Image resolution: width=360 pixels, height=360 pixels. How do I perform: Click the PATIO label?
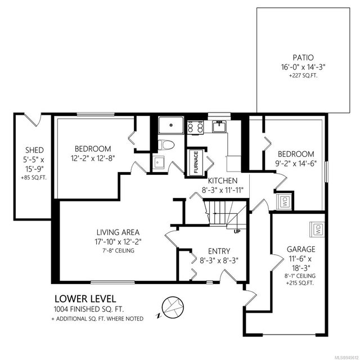[303, 57]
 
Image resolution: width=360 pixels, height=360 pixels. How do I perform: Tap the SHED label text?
[34, 150]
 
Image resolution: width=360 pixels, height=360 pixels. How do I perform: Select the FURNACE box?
[196, 162]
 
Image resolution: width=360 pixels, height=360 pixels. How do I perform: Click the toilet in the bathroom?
[166, 145]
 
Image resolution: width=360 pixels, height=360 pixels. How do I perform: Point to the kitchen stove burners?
[195, 127]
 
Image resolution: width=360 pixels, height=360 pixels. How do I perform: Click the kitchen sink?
[219, 127]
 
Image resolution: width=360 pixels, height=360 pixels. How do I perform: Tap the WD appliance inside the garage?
[317, 229]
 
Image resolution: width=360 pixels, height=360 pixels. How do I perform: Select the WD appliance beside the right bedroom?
[285, 201]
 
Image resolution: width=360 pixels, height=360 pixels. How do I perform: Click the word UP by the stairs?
[237, 232]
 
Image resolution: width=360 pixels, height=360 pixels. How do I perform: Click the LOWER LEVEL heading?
[85, 299]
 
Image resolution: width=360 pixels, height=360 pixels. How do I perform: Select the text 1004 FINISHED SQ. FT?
[89, 309]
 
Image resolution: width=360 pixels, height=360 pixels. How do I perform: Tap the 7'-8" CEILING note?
[118, 250]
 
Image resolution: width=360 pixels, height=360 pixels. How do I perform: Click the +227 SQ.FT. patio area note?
[303, 76]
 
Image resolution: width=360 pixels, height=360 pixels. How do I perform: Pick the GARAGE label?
[301, 249]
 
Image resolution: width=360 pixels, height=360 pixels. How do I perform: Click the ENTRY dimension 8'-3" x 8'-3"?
[219, 260]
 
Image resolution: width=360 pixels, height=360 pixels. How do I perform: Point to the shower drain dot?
[171, 125]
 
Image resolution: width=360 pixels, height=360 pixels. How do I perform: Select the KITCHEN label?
[223, 181]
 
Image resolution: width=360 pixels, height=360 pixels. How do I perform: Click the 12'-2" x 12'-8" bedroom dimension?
[93, 159]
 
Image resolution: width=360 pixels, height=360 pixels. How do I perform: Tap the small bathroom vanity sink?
[158, 163]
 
